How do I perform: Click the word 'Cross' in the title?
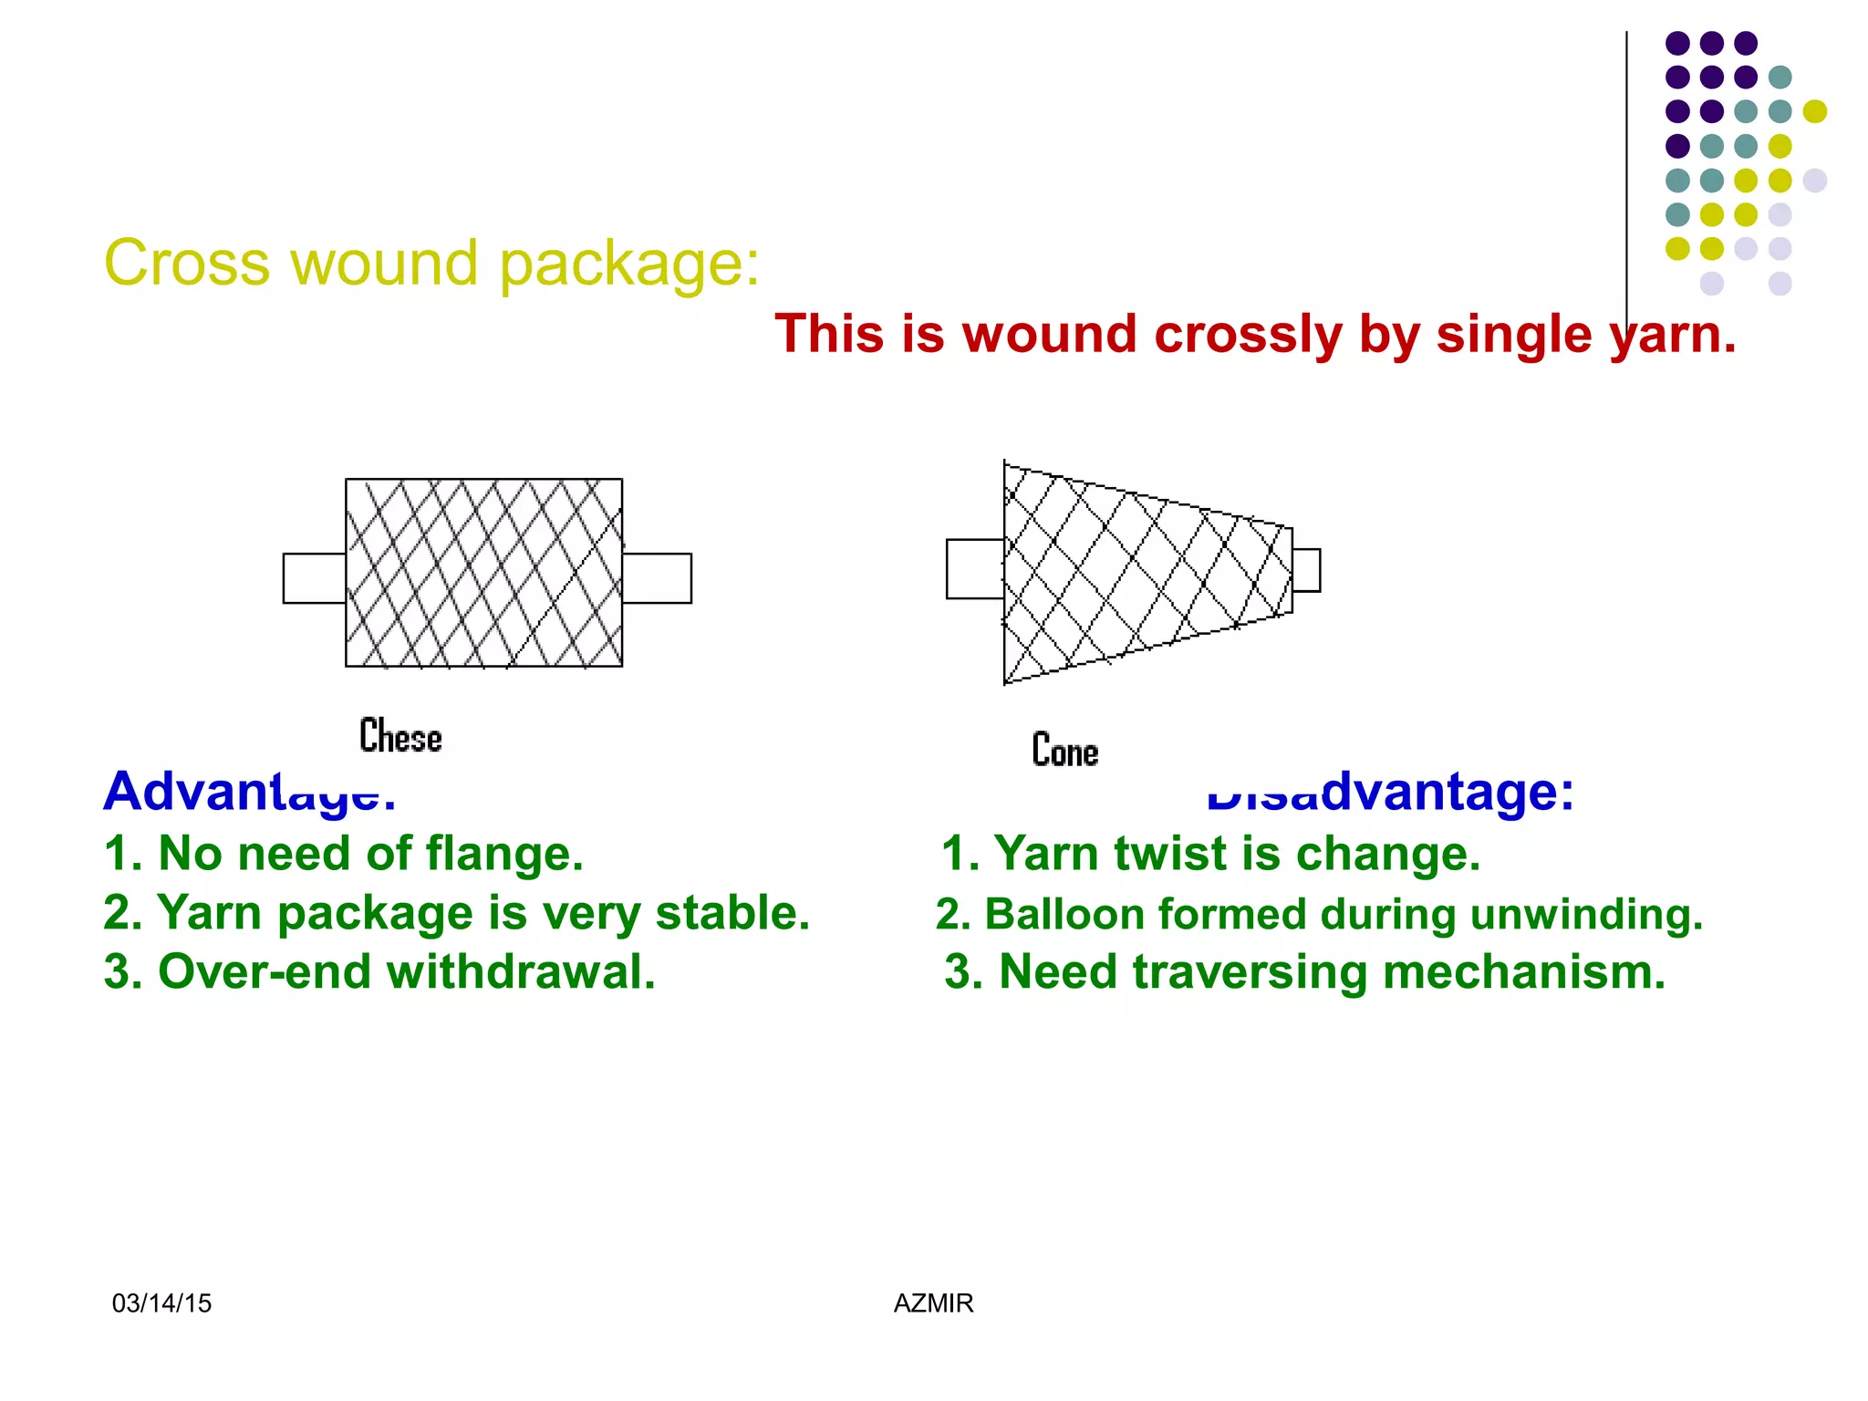(187, 264)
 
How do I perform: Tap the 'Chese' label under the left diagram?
(400, 736)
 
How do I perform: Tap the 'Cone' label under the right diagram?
(1064, 750)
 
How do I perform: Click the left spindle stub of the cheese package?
(314, 578)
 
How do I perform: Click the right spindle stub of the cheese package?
(657, 578)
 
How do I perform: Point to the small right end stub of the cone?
(1306, 570)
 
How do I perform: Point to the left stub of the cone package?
(974, 569)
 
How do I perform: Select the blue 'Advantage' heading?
(249, 791)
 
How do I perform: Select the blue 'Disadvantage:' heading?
(1390, 791)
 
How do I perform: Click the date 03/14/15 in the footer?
(161, 1303)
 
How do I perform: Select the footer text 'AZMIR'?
(933, 1303)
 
